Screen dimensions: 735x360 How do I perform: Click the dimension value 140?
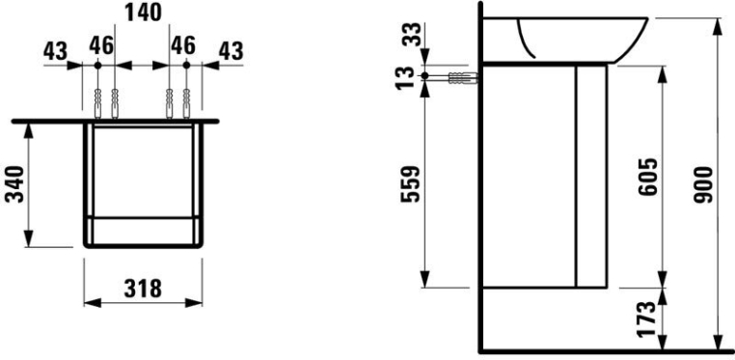tap(143, 13)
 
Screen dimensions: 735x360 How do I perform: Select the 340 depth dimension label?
tap(14, 183)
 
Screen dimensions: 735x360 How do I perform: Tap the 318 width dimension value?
tap(143, 289)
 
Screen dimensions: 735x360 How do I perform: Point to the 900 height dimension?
tap(703, 184)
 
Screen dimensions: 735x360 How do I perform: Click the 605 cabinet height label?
tap(648, 177)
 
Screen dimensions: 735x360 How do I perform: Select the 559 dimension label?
tap(410, 183)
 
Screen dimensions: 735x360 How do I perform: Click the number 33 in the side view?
tap(413, 34)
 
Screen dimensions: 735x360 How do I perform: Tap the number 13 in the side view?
tap(406, 77)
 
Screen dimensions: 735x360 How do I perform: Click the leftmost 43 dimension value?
tap(55, 50)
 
